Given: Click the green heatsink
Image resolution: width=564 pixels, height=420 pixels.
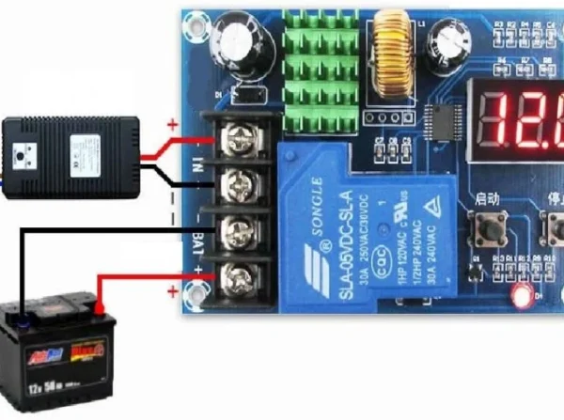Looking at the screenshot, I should pyautogui.click(x=320, y=70).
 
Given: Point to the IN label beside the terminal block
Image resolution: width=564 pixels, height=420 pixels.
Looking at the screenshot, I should pyautogui.click(x=196, y=165).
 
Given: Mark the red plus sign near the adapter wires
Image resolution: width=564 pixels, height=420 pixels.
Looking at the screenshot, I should pyautogui.click(x=171, y=123).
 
